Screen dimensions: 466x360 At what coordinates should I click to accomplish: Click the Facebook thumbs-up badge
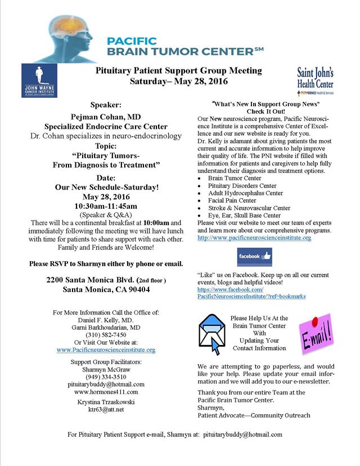point(255,257)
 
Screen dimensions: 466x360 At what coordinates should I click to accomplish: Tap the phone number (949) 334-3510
point(106,377)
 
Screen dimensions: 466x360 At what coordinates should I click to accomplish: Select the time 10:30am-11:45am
point(106,207)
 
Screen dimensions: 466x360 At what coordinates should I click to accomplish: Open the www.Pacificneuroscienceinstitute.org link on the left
point(106,349)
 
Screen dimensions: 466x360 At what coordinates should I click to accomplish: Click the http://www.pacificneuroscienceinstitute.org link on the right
point(254,238)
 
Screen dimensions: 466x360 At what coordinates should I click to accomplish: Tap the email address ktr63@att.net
point(106,409)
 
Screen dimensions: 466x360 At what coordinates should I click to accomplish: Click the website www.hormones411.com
point(106,392)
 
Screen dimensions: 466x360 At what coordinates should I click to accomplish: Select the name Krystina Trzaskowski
point(106,401)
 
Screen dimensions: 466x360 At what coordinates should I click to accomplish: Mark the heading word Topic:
point(106,146)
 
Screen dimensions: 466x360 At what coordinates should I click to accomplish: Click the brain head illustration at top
point(62,37)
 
